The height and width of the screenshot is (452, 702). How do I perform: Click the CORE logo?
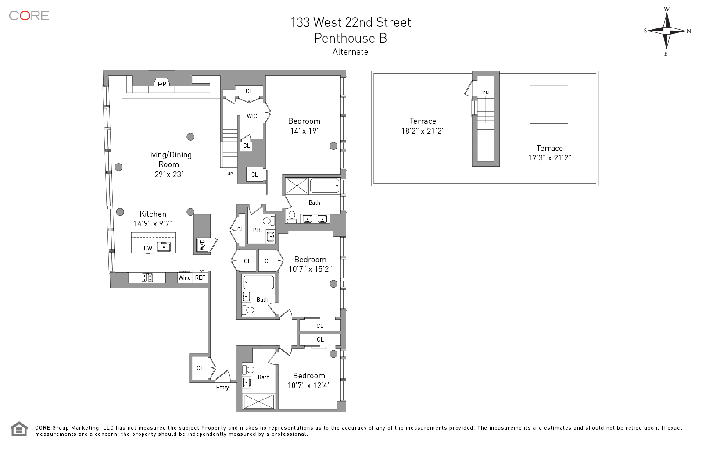coord(29,16)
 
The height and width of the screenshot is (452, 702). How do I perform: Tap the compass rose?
coord(666,31)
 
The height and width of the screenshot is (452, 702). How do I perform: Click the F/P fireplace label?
coord(162,84)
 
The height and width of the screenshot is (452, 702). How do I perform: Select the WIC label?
coord(252,116)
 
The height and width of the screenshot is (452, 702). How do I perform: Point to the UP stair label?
coord(230,174)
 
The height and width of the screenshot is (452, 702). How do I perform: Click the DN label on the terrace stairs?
coord(486,93)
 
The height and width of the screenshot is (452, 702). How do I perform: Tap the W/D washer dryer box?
coord(202,245)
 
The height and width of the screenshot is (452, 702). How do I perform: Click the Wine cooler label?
coord(184,278)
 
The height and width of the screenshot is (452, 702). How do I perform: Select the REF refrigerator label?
coord(200,278)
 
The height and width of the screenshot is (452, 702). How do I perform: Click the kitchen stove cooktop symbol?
coord(147,278)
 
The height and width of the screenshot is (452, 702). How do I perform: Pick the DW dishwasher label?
coord(148,249)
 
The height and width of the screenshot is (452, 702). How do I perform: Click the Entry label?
coord(222,388)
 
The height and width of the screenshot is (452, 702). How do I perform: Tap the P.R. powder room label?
coord(257,230)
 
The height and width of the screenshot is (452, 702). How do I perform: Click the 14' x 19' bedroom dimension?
coord(304,131)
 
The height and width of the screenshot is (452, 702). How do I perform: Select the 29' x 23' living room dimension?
coord(168,174)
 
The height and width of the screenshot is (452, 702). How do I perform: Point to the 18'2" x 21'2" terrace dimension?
coord(423,131)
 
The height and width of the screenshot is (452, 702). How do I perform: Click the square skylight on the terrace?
coord(549,105)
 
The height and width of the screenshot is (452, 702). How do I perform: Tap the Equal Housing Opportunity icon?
coord(19,429)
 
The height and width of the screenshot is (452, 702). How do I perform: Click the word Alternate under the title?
coord(350,52)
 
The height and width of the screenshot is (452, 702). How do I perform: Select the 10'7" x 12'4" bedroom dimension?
coord(309,386)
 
